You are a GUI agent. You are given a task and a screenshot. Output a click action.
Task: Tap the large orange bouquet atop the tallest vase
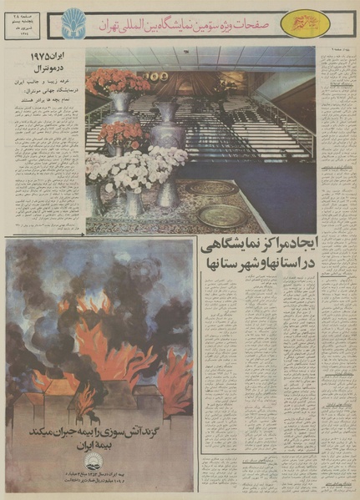118,82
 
